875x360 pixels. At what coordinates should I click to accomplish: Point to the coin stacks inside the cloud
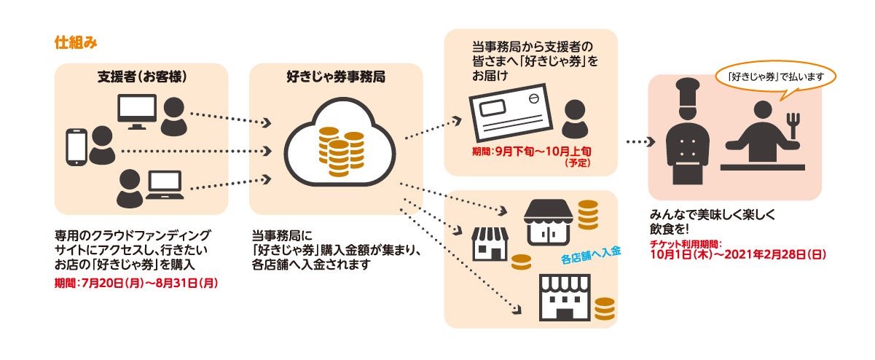(x=340, y=152)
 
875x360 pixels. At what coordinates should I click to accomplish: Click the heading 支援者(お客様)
(x=141, y=76)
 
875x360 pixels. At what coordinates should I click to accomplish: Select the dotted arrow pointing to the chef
(x=638, y=143)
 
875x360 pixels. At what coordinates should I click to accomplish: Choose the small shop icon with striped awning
(x=490, y=243)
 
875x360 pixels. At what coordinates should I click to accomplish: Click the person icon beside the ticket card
(x=576, y=119)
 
